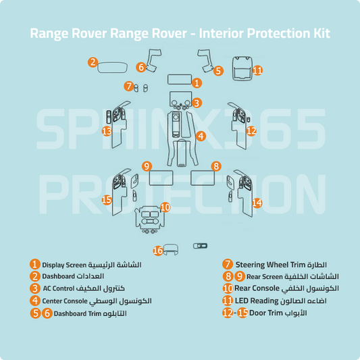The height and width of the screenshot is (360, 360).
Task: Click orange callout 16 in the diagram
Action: click(157, 251)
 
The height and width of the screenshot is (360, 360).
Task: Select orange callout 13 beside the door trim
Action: click(106, 130)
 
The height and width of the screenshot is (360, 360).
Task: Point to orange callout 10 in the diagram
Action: click(165, 207)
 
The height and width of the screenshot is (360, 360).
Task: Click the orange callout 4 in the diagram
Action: click(201, 136)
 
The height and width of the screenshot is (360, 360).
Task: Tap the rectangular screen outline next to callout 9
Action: click(163, 179)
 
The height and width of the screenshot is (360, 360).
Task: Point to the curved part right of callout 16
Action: click(172, 251)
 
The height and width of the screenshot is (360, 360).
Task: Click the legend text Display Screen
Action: click(66, 265)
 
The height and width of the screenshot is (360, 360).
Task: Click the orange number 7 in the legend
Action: click(228, 265)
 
